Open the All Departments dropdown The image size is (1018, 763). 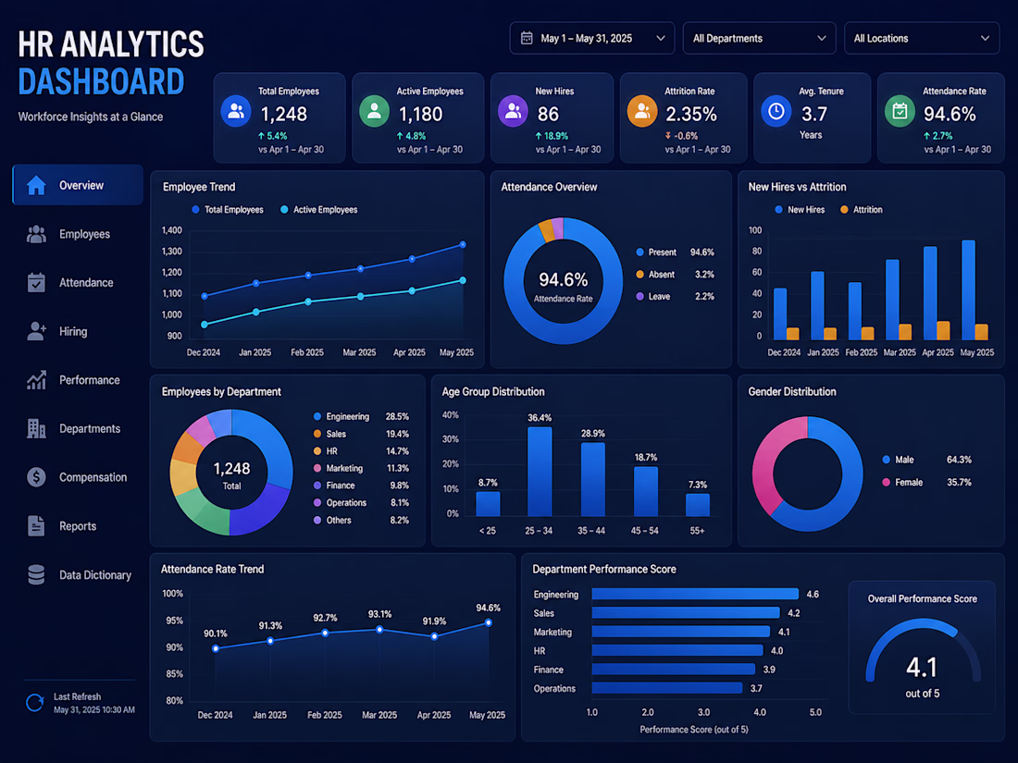click(759, 38)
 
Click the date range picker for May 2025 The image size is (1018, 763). click(592, 38)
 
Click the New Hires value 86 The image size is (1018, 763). click(548, 114)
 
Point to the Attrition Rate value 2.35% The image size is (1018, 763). click(691, 114)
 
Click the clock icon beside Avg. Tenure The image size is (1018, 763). click(776, 112)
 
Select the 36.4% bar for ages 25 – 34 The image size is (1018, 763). click(540, 472)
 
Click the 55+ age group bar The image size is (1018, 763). click(697, 505)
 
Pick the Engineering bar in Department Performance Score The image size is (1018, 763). click(695, 594)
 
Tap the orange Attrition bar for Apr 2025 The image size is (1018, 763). click(943, 330)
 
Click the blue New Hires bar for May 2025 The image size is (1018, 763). click(968, 289)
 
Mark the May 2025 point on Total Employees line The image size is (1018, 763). click(463, 244)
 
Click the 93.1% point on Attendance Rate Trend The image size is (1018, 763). click(379, 629)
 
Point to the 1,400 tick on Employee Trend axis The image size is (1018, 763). click(172, 230)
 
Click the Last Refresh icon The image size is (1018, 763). click(34, 703)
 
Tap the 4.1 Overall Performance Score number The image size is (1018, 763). click(922, 667)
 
